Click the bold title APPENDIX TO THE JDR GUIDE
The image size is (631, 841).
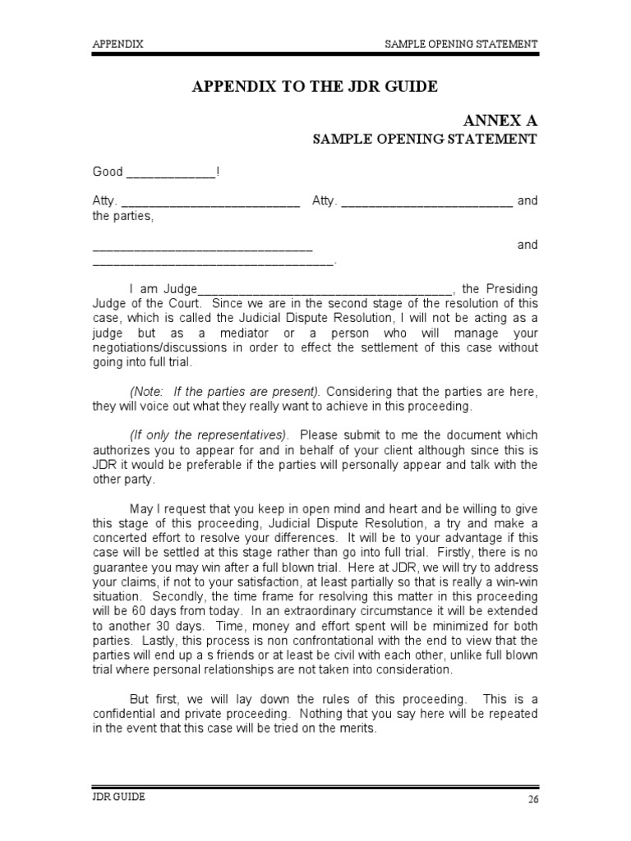pyautogui.click(x=315, y=86)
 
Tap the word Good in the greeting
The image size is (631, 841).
pyautogui.click(x=107, y=172)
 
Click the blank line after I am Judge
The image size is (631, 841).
pyautogui.click(x=325, y=289)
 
